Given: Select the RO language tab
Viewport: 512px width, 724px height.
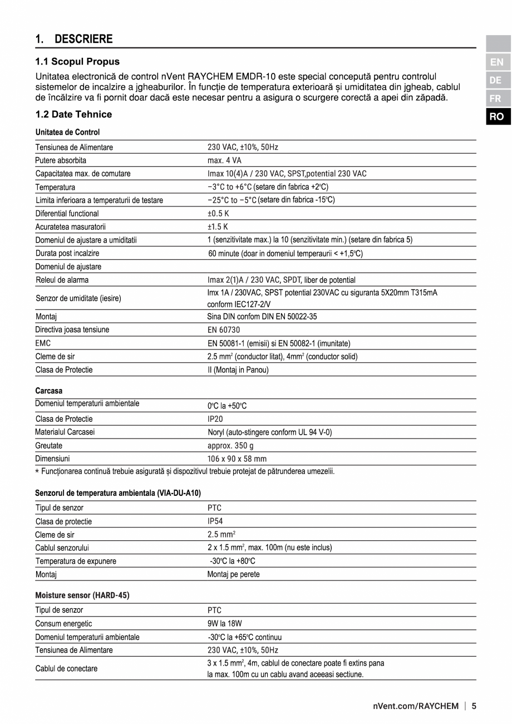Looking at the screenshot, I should coord(496,116).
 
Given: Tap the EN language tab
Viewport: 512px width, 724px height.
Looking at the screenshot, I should coord(496,62).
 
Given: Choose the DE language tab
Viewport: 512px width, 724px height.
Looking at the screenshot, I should coord(496,80).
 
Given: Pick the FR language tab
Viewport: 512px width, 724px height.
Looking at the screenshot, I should coord(496,98).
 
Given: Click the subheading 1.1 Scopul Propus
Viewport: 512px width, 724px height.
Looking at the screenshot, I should coord(77,61).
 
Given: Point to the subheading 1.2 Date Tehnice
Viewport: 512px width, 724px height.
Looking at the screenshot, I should coord(73,114).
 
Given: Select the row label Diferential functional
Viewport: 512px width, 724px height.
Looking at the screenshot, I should coord(67,214).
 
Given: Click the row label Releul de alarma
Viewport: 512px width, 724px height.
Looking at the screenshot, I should coord(62,280).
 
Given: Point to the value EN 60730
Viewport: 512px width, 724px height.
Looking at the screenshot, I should coord(224,329).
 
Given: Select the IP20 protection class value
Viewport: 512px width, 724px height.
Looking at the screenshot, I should coord(215,419).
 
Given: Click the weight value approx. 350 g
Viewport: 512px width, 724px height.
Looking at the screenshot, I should coord(230,446).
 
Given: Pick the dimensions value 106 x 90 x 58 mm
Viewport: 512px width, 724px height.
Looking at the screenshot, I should coord(237,459).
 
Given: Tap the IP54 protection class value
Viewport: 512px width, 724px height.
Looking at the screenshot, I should coord(215,521).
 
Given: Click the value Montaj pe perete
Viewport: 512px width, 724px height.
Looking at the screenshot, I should coord(233,574).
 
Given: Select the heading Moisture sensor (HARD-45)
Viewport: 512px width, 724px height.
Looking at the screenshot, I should coord(82,595).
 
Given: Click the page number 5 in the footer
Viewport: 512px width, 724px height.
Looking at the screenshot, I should coord(474,707).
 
